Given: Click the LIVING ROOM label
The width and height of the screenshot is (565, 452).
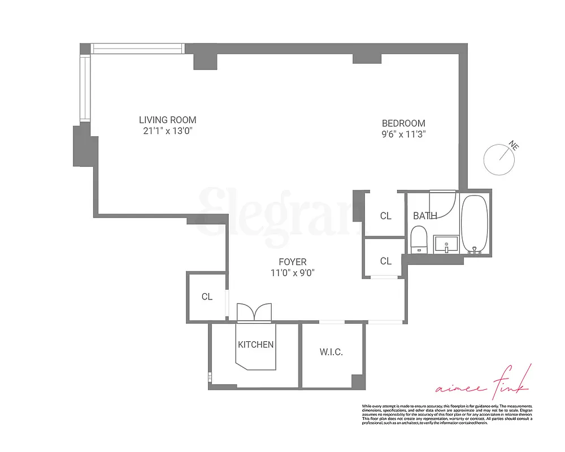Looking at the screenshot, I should (x=168, y=120).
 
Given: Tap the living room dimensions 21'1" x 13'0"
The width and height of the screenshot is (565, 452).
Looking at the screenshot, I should (x=168, y=131).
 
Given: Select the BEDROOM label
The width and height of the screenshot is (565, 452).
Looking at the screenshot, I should (x=403, y=123).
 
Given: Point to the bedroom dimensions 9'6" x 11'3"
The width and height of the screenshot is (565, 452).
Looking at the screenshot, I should (x=403, y=134).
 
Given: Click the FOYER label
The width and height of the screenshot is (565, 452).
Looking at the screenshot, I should (x=293, y=262).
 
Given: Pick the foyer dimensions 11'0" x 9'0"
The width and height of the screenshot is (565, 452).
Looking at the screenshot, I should (x=293, y=272).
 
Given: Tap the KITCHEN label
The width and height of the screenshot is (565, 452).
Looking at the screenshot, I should (x=256, y=344).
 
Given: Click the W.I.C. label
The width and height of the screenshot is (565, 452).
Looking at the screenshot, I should (x=331, y=352).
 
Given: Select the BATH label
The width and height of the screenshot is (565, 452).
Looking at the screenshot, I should (x=425, y=216).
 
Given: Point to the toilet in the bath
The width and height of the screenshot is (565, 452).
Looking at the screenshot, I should (x=419, y=240).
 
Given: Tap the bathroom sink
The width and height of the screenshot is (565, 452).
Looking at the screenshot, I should (x=446, y=245).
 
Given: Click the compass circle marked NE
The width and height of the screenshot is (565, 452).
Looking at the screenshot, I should (x=499, y=159).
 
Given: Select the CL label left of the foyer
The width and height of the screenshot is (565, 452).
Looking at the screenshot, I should (x=207, y=297).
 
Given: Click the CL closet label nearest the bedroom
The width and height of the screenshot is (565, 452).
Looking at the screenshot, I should (x=386, y=216).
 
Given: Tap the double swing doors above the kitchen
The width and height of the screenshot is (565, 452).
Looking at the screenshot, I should (x=254, y=312).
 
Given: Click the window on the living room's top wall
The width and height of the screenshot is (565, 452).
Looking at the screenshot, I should (x=138, y=49).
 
